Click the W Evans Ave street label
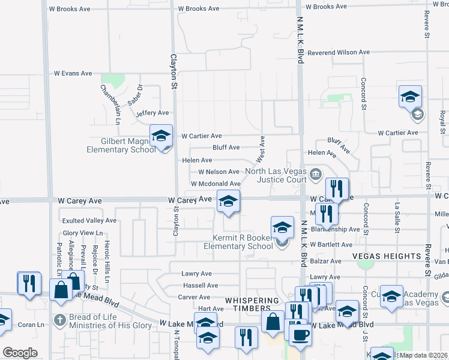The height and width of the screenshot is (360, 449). pyautogui.click(x=73, y=73)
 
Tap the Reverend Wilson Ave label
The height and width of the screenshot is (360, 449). pyautogui.click(x=338, y=53)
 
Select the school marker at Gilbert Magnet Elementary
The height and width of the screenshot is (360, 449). pyautogui.click(x=161, y=136)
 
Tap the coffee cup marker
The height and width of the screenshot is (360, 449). pyautogui.click(x=300, y=336)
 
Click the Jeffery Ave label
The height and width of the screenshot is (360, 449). pyautogui.click(x=152, y=113)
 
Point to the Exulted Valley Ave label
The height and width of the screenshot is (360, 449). pyautogui.click(x=88, y=221)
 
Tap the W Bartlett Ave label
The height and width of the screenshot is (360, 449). pyautogui.click(x=330, y=245)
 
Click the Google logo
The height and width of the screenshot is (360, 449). pyautogui.click(x=20, y=353)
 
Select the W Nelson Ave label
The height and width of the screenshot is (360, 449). pyautogui.click(x=214, y=172)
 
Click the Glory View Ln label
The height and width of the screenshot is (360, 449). pyautogui.click(x=83, y=233)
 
